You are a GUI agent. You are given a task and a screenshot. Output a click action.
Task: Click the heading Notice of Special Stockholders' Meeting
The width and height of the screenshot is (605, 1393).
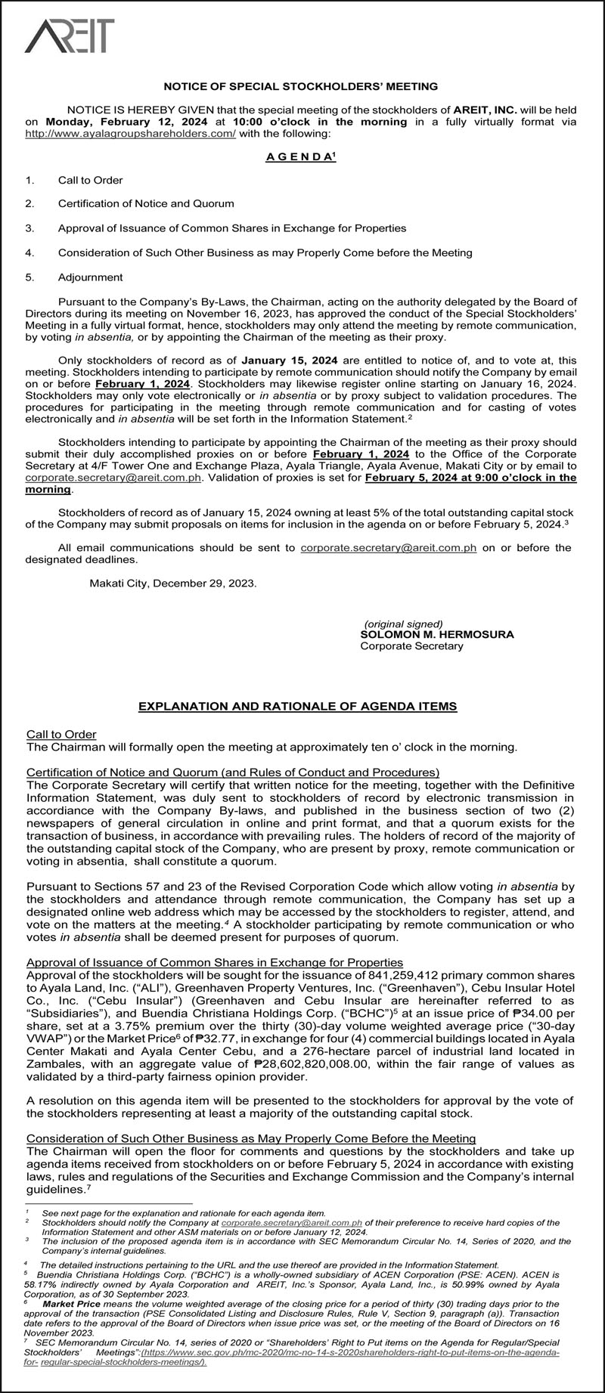301,87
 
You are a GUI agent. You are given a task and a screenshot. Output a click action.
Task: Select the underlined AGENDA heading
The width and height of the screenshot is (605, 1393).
300,156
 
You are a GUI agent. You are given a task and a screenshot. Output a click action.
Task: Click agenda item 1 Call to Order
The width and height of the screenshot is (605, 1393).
90,180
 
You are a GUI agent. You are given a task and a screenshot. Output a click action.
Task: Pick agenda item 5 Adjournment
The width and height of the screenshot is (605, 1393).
90,277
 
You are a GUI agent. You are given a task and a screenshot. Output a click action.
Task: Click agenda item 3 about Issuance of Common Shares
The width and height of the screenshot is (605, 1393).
231,228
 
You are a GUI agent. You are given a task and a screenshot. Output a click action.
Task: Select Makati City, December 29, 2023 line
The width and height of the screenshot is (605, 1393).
173,584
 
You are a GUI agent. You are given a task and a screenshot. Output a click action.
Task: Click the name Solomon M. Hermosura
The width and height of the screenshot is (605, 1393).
436,634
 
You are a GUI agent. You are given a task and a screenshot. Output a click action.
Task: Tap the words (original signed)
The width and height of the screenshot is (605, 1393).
399,624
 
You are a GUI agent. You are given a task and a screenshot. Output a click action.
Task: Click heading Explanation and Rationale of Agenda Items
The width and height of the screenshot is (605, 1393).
297,707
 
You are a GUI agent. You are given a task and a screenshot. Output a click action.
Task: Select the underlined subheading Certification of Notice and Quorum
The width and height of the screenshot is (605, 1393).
233,772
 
